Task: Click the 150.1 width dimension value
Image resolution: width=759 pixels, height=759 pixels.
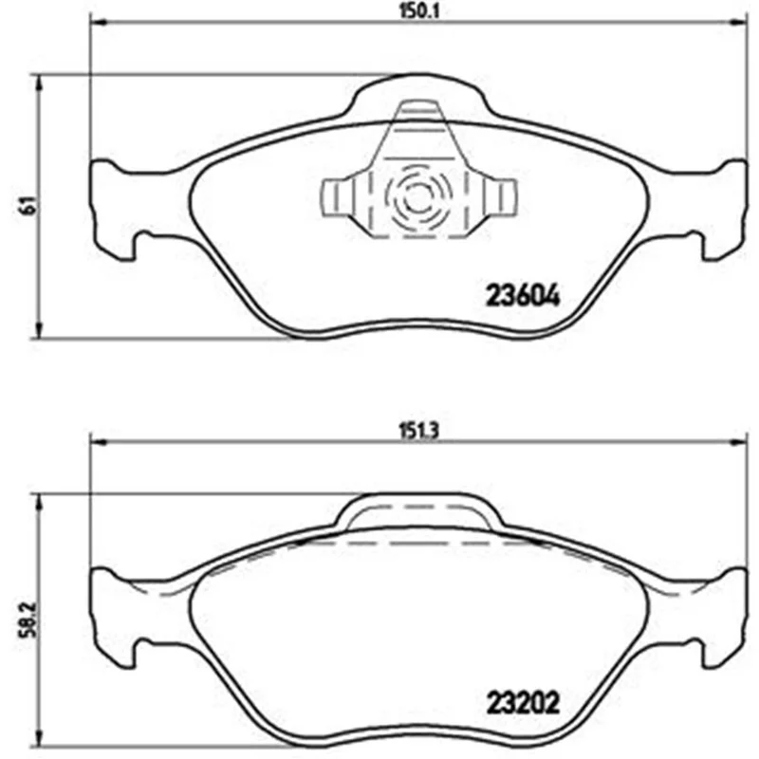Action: coord(418,11)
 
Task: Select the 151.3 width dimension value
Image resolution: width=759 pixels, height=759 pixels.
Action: coord(418,431)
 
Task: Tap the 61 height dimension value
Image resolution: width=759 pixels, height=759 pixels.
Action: coord(28,206)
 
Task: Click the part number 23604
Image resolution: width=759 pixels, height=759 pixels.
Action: coord(523,295)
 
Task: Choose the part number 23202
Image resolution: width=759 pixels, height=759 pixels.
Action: coord(523,702)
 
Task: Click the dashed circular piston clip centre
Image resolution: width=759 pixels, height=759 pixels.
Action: coord(417,197)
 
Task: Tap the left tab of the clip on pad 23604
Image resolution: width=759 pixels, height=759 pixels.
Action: coord(339,197)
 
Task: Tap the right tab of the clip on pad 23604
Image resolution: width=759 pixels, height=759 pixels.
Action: coord(500,197)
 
